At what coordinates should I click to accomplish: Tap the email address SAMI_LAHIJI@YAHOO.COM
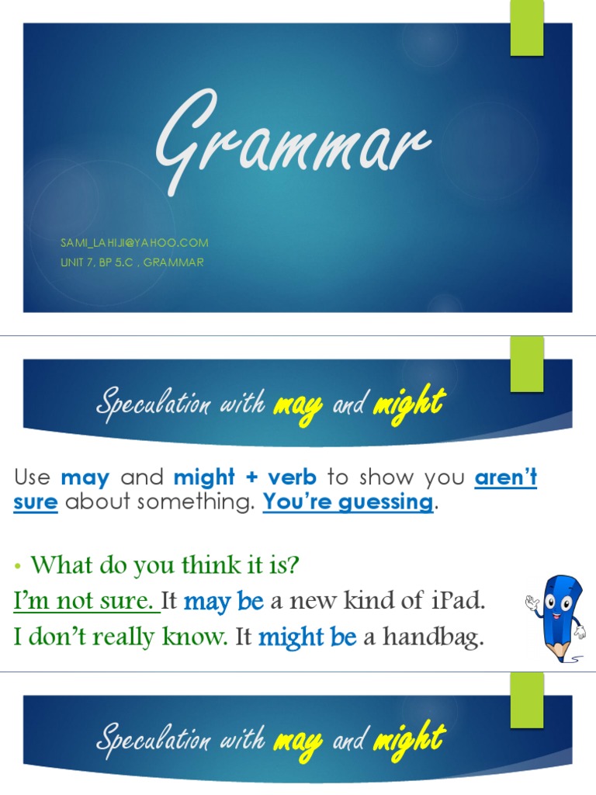(134, 243)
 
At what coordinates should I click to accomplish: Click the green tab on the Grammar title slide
(526, 29)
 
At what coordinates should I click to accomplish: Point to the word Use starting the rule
(33, 477)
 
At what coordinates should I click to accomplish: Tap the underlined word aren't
(505, 477)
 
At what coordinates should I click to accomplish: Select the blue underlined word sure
(36, 502)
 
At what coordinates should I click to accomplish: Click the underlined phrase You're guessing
(348, 502)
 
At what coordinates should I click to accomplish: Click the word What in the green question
(56, 565)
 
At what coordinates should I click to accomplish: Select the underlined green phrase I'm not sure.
(85, 601)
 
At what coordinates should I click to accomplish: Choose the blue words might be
(307, 638)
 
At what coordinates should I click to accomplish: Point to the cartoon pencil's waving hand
(532, 602)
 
